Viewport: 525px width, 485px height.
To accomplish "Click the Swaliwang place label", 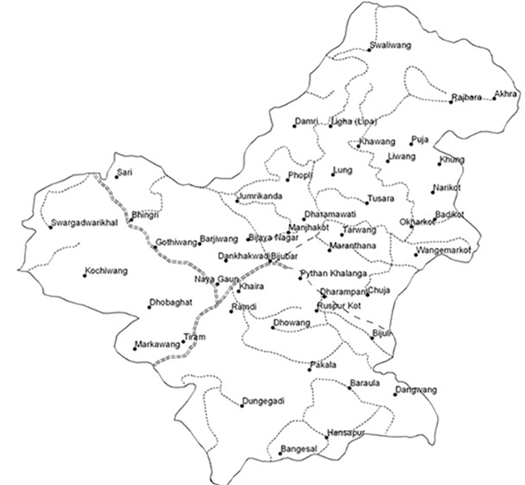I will (388, 44).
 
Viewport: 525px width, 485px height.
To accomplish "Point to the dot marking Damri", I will (295, 125).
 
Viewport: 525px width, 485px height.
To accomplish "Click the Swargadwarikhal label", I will (85, 221).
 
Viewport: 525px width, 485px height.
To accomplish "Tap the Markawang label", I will (156, 344).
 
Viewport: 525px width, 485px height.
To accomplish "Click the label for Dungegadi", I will (263, 401).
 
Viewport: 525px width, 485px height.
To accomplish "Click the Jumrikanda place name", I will (261, 196).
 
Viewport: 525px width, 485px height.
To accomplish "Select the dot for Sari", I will (115, 176).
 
